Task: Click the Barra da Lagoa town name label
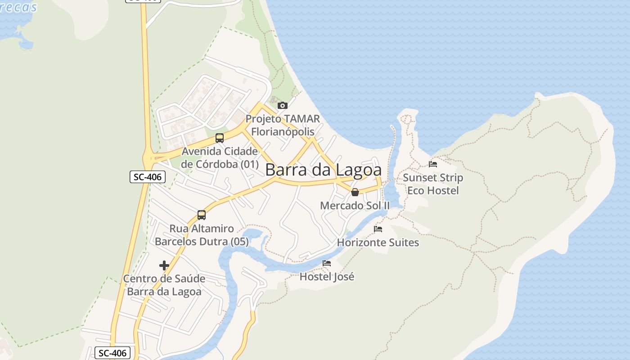tap(323, 170)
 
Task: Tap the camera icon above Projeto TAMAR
tap(283, 106)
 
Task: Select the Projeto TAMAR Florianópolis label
tap(283, 126)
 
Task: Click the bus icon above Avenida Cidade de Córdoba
tap(220, 138)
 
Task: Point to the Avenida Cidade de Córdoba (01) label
tap(220, 157)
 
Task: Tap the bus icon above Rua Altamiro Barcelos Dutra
tap(202, 215)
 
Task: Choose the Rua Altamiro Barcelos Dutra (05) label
tap(202, 235)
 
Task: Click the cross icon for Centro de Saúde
tap(164, 265)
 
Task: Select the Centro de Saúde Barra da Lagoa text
tap(164, 285)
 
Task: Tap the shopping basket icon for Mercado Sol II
tap(355, 193)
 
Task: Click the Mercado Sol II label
tap(355, 206)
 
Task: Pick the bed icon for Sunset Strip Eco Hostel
tap(433, 164)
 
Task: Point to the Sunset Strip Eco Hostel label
tap(433, 184)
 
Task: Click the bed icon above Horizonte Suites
tap(378, 229)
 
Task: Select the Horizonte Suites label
tap(378, 243)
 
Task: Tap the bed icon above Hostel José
tap(327, 263)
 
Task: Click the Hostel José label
tap(327, 277)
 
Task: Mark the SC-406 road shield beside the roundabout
tap(148, 177)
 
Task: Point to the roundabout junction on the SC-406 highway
tap(148, 158)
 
